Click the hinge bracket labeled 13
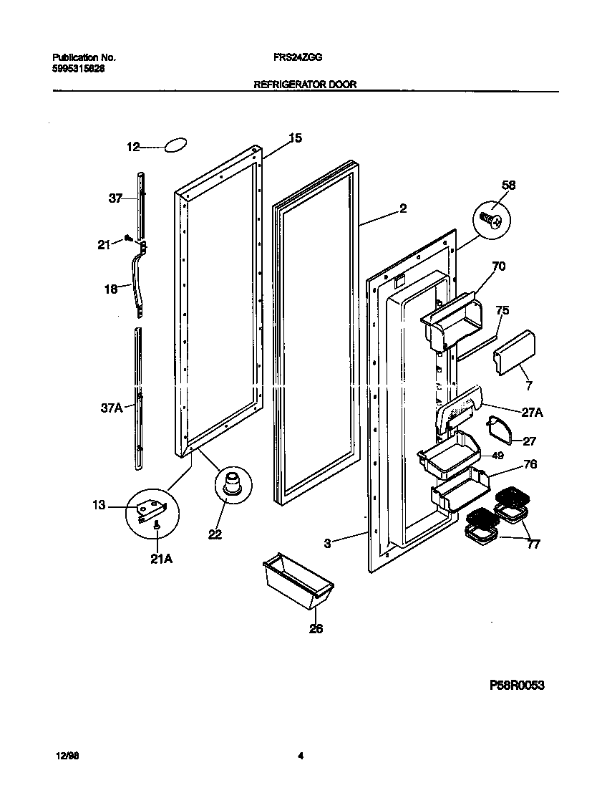pos(151,509)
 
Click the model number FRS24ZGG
pos(293,57)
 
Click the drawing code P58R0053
pos(517,686)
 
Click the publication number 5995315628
pos(73,69)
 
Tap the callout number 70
pos(499,267)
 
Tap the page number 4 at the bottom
pos(301,754)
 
